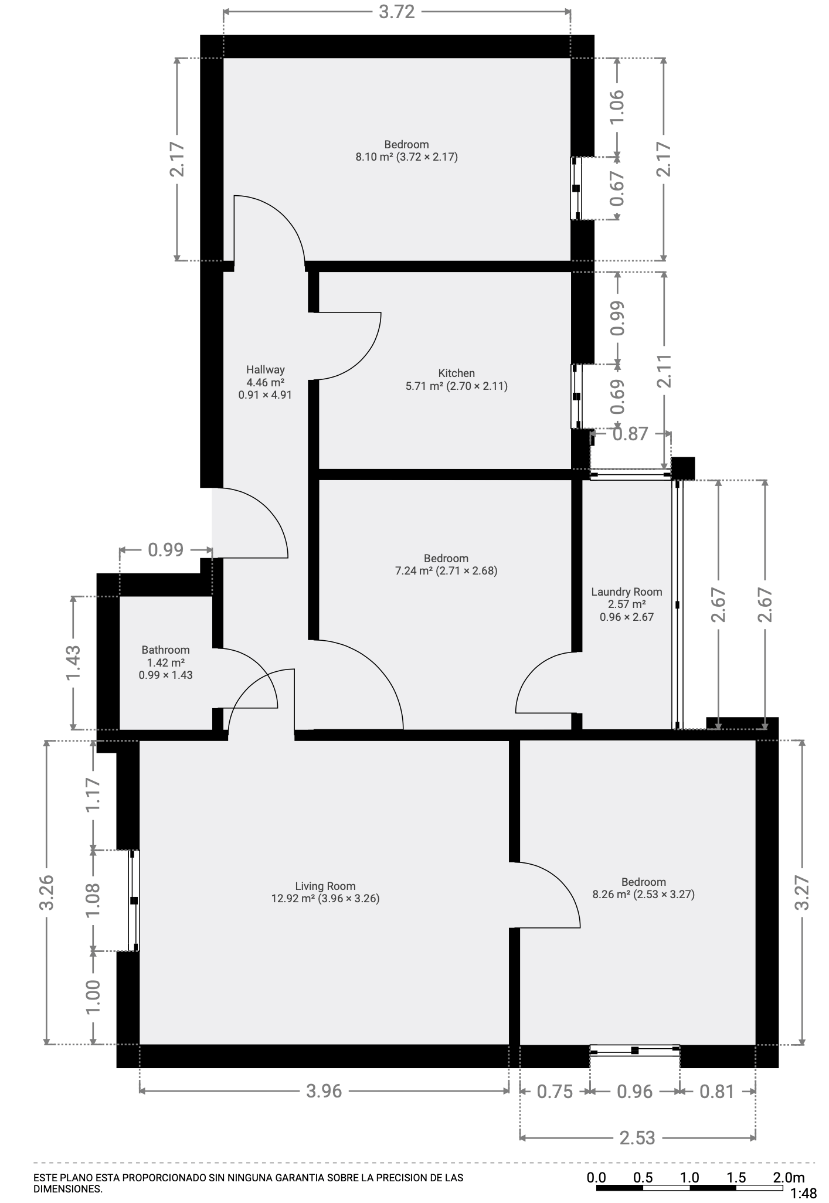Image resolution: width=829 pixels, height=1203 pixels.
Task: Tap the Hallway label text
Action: click(265, 370)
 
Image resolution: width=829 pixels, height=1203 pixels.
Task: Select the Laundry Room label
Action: click(626, 592)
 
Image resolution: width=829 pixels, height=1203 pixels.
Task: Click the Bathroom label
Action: click(165, 650)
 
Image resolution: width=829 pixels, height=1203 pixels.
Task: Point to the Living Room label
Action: click(325, 886)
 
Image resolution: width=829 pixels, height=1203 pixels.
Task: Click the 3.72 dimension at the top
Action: click(397, 12)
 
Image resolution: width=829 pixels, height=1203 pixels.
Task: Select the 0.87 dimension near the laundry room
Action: click(630, 434)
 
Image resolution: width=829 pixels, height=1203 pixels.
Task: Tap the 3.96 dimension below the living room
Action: click(324, 1091)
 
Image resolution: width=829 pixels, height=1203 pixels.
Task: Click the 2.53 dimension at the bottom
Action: click(637, 1138)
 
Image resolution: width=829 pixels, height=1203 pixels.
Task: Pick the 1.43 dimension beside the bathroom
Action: click(73, 663)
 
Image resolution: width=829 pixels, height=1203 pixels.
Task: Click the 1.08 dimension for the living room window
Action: click(93, 900)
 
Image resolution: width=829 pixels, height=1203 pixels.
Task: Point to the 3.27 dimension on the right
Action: click(802, 892)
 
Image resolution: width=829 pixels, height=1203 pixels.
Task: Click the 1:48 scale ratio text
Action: click(803, 1194)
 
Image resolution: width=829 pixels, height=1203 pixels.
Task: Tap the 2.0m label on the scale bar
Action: click(789, 1177)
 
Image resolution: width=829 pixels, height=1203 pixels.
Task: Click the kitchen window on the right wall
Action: click(577, 396)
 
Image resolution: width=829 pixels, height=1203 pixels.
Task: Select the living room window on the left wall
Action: click(134, 900)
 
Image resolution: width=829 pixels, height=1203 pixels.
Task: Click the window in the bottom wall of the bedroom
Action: click(634, 1050)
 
